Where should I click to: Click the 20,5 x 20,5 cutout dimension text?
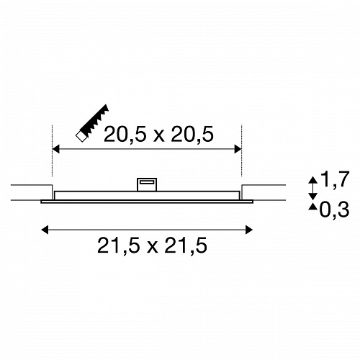[158, 135]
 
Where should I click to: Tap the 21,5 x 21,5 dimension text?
[152, 246]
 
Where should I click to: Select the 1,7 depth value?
[335, 179]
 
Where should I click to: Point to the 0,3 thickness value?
[334, 210]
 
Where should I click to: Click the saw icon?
[92, 123]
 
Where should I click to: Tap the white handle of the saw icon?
[81, 137]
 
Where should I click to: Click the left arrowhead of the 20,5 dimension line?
[55, 149]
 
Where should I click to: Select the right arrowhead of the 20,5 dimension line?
[238, 149]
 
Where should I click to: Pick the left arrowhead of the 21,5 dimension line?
[45, 230]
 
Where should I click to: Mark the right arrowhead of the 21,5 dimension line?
[249, 230]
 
